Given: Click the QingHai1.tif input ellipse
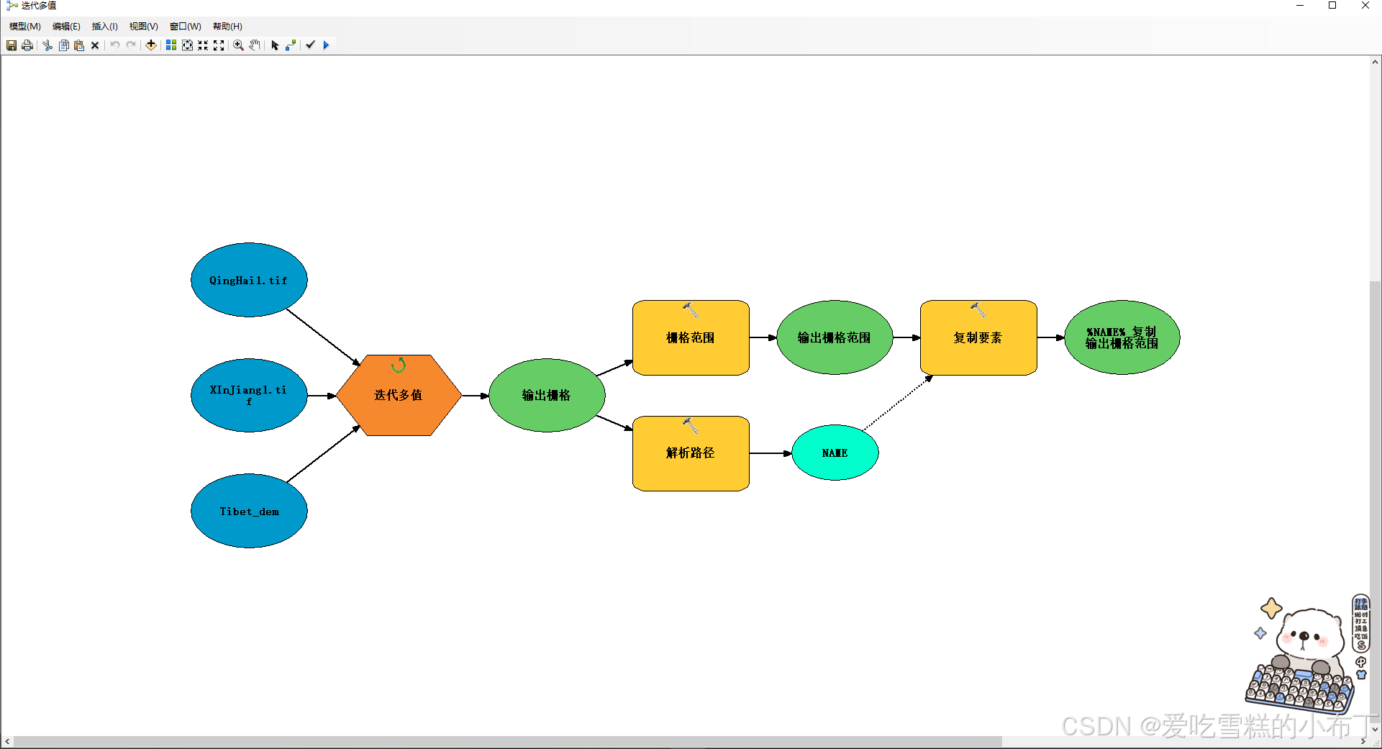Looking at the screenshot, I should (x=249, y=280).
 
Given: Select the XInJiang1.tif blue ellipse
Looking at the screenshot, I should (x=249, y=395).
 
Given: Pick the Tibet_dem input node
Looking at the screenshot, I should (x=249, y=511).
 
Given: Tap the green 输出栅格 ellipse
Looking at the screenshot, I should (x=547, y=395).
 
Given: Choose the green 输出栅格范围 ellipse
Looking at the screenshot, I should (x=835, y=337).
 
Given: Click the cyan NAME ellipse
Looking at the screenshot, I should (x=835, y=453).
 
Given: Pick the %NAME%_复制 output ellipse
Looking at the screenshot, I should (x=1122, y=337).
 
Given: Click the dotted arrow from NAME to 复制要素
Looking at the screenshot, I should (x=898, y=403).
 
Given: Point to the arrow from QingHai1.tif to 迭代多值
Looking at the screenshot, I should (x=324, y=337).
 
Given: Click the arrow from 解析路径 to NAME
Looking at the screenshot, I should (x=770, y=453).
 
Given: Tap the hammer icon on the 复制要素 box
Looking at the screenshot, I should (x=978, y=310).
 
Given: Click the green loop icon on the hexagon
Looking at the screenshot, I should (x=399, y=366).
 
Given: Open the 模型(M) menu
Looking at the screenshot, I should (x=24, y=27).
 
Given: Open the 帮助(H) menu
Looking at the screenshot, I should (x=227, y=27).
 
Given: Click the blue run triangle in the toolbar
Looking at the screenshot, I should (x=326, y=45).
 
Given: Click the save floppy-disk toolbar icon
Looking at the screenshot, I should (x=12, y=45).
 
